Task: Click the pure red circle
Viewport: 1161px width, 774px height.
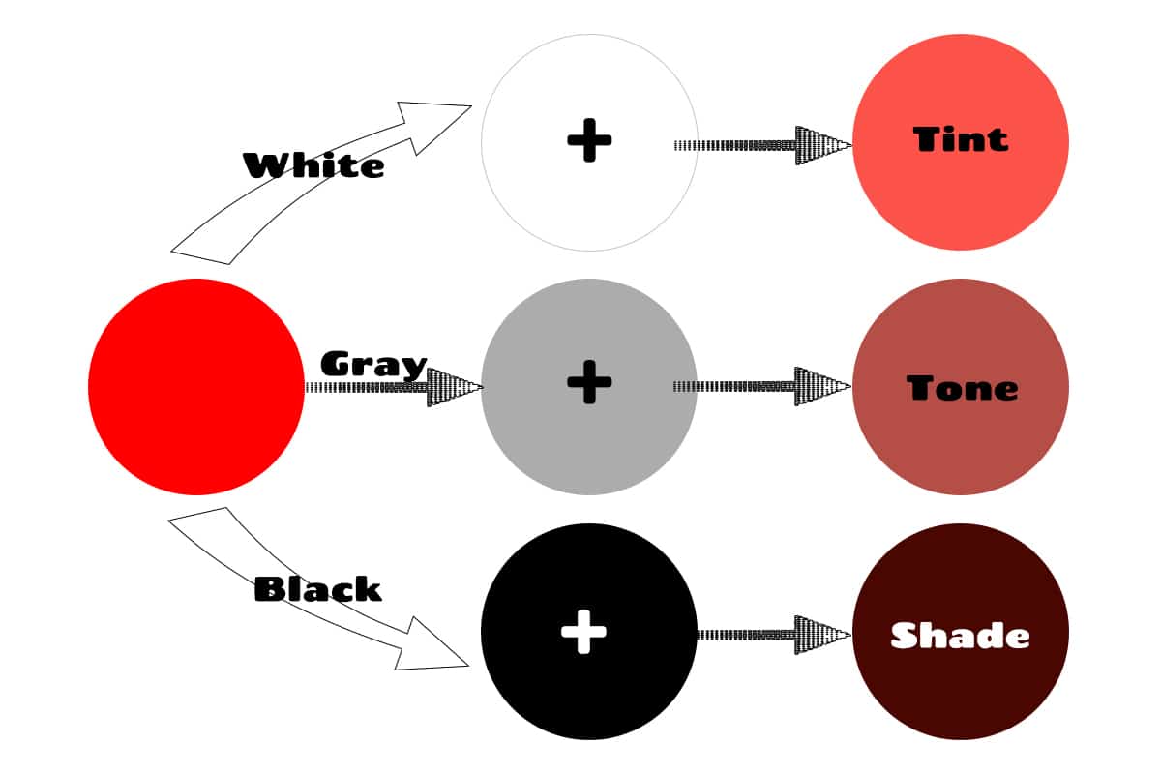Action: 195,387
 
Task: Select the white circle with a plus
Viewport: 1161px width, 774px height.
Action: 589,142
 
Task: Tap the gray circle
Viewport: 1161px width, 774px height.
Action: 589,387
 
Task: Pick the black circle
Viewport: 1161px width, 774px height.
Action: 589,632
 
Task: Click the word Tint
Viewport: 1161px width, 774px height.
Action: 961,139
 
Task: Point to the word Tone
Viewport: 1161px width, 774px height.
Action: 962,388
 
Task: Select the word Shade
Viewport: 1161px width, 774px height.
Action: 960,636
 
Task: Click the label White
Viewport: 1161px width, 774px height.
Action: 313,165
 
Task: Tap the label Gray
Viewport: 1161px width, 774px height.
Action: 373,365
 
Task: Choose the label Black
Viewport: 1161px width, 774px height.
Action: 317,589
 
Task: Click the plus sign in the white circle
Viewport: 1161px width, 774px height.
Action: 589,140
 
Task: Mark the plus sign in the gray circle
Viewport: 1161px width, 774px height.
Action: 589,382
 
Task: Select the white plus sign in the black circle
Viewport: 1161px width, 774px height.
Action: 583,632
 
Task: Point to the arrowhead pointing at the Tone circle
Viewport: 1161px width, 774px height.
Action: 822,386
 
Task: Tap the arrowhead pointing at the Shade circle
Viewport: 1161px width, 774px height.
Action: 822,635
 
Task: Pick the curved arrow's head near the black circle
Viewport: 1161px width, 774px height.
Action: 432,648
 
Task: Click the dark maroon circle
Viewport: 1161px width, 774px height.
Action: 961,632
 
